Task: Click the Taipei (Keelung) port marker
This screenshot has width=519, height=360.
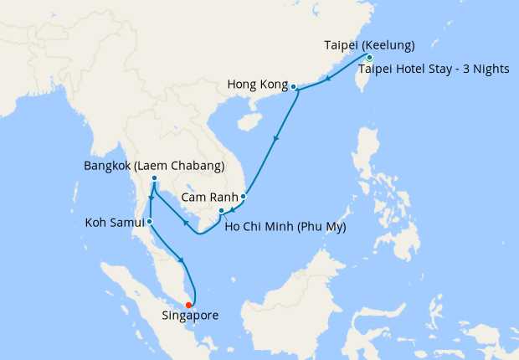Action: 369,58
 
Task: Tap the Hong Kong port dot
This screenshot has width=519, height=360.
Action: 293,85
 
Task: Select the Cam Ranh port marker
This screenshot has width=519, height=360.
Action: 243,197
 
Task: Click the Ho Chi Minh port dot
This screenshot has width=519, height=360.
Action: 220,210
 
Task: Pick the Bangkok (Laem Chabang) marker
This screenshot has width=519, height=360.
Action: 155,178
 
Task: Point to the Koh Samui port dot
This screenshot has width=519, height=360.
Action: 149,222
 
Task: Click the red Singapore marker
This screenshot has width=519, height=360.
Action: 189,304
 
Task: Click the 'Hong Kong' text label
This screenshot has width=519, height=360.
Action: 256,85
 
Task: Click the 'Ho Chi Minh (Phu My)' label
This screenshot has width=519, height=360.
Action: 286,226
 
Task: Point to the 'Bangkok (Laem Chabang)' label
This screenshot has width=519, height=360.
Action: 154,166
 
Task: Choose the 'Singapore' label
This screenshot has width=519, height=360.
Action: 190,316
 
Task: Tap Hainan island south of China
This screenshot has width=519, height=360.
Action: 249,121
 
